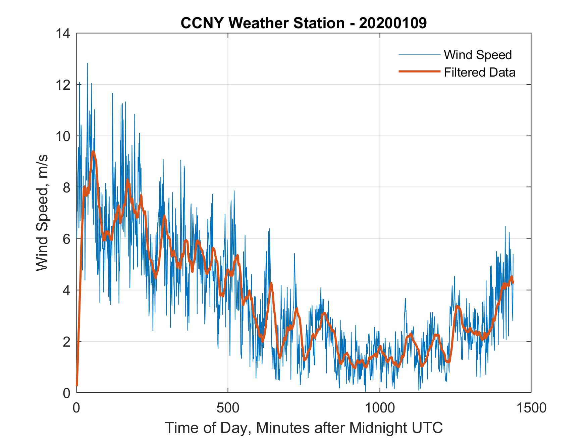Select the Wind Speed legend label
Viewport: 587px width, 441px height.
pos(478,55)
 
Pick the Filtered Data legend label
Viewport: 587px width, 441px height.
pos(480,72)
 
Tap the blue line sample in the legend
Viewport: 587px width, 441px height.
pos(419,54)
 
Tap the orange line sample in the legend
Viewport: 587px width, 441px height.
pos(419,72)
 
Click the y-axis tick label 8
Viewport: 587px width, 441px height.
pos(66,187)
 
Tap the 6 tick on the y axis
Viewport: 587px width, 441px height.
pos(66,239)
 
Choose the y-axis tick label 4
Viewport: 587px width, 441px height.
pos(66,290)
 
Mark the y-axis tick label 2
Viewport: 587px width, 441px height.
pos(66,342)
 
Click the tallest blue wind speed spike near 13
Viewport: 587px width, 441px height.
pos(87,64)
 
